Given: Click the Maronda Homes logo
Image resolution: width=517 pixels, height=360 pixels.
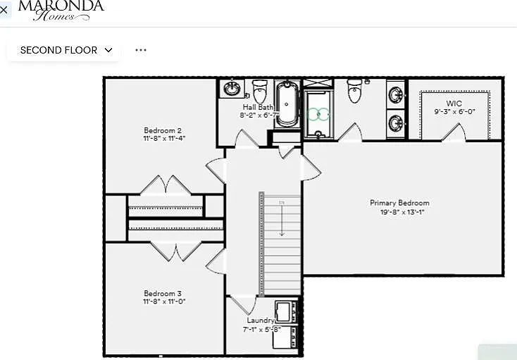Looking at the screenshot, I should pyautogui.click(x=61, y=10).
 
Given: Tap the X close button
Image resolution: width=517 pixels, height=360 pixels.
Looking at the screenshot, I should pyautogui.click(x=4, y=10).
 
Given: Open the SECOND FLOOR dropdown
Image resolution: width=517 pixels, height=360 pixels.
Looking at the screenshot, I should pyautogui.click(x=66, y=50).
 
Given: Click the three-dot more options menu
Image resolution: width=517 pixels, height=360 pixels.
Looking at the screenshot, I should pyautogui.click(x=141, y=50).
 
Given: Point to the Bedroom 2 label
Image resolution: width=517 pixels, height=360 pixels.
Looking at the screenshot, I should pyautogui.click(x=163, y=130).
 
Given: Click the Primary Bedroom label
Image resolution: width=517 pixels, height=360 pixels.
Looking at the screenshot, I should pyautogui.click(x=399, y=203).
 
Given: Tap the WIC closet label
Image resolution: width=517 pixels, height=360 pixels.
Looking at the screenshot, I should pyautogui.click(x=454, y=104).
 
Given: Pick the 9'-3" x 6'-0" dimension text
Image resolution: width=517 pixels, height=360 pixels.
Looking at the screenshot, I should pyautogui.click(x=454, y=111).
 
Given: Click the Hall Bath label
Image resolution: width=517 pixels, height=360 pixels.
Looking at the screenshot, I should pyautogui.click(x=258, y=107).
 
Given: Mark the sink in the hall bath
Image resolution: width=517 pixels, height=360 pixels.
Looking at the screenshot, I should pyautogui.click(x=232, y=89).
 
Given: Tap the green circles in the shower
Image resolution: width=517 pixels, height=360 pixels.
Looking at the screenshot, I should pyautogui.click(x=319, y=113).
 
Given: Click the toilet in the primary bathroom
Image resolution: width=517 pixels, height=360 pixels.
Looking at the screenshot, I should pyautogui.click(x=356, y=92).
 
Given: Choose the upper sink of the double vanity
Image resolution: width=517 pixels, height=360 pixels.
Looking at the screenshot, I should pyautogui.click(x=397, y=94).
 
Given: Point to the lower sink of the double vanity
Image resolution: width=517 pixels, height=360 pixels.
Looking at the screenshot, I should pyautogui.click(x=397, y=123).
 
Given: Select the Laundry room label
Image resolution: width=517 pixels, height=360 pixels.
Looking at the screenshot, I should pyautogui.click(x=260, y=321).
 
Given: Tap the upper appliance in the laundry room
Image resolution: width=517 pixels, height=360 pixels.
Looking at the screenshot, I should pyautogui.click(x=285, y=311).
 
